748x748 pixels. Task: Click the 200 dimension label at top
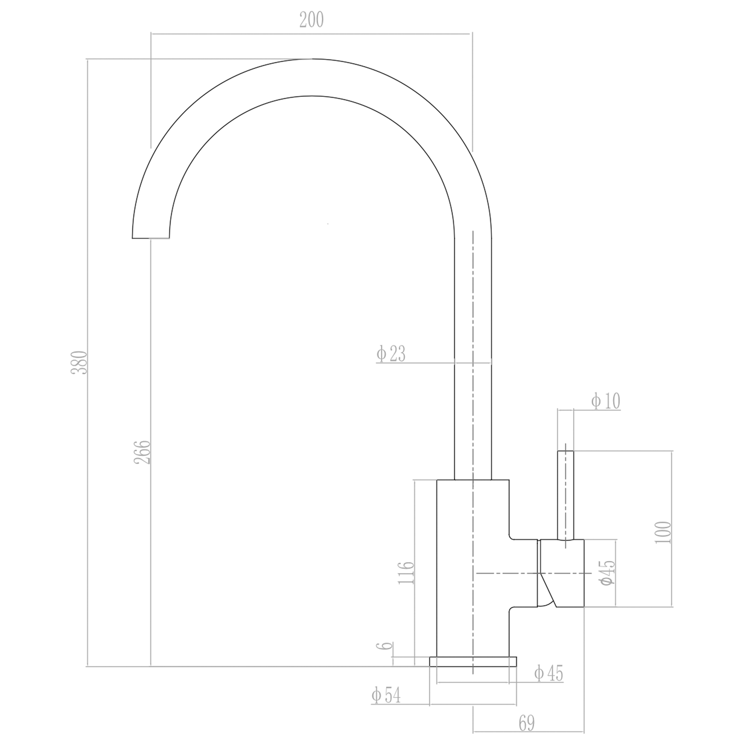point(311,20)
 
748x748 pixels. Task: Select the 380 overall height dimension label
point(80,362)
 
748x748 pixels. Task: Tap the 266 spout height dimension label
point(142,452)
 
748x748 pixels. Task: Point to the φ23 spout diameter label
point(390,354)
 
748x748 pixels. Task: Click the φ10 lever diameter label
point(606,401)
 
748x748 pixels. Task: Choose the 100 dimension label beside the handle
point(663,533)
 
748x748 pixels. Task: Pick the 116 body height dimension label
point(406,573)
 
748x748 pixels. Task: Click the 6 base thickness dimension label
point(385,646)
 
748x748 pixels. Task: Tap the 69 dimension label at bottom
point(527,723)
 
